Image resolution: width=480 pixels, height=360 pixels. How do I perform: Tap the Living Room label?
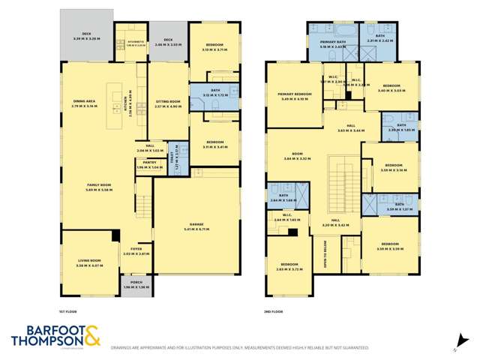click(x=88, y=264)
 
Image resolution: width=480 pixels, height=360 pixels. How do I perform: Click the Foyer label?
click(x=136, y=250)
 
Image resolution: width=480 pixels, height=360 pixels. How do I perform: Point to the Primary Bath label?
click(x=331, y=43)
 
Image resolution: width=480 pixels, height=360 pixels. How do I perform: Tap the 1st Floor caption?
click(x=68, y=310)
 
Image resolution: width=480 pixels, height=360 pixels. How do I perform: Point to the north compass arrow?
click(x=453, y=338)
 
